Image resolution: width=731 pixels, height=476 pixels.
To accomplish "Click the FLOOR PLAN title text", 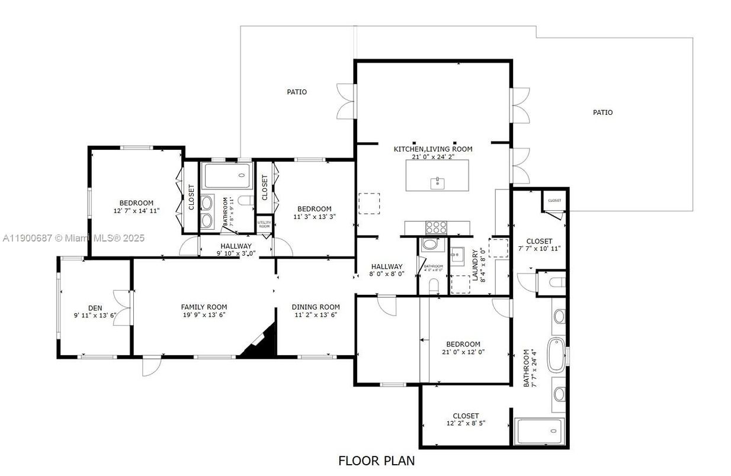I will pos(376,460).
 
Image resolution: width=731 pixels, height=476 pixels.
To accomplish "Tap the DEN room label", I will pos(95,308).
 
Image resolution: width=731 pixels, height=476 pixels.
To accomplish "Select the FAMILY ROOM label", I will pos(204,307).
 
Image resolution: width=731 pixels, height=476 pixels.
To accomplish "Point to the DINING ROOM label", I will pos(316,307).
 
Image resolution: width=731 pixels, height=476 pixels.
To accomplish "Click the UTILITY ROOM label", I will pos(264,224).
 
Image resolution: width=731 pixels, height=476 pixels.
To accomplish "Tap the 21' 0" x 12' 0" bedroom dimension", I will pos(463,352).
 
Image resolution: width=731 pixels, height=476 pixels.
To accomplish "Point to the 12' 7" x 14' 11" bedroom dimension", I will pos(136,210).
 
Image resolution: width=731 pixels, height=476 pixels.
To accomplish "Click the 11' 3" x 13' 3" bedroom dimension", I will pos(314,216).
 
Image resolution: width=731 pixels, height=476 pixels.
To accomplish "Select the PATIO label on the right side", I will pos(602,112).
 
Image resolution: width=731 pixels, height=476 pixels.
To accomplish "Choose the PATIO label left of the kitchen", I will pos(297,92).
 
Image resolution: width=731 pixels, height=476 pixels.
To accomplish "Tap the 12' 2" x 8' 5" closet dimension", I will pos(466,423).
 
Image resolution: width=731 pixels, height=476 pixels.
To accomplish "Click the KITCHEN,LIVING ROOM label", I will pos(433,149).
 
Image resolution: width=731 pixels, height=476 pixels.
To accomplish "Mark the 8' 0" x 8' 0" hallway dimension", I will pos(387,274).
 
